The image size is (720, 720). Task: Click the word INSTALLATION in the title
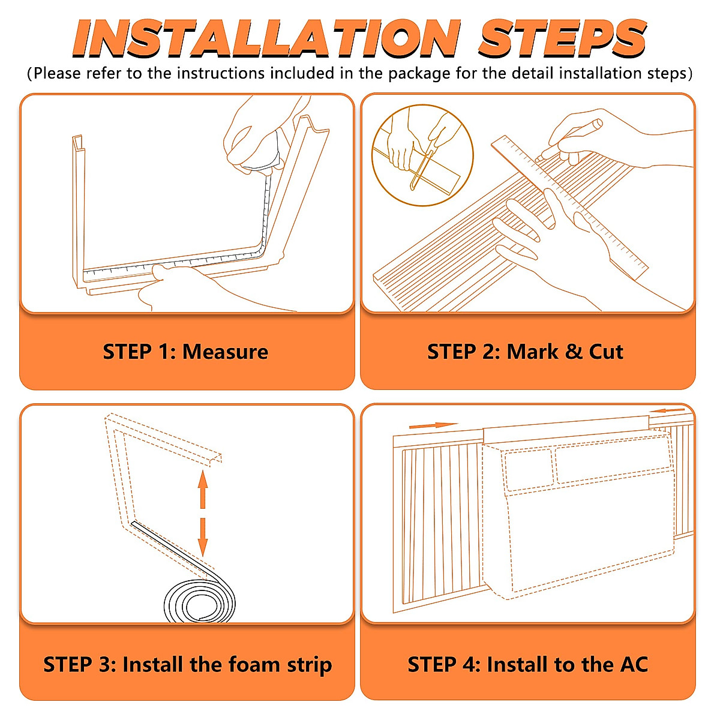[x=266, y=39]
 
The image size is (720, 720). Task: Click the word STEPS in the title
[x=562, y=38]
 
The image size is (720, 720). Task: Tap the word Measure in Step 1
[x=226, y=352]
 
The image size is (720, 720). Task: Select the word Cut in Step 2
[x=606, y=352]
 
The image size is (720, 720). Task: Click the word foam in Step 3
[x=254, y=665]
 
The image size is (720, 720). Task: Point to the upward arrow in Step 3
[x=203, y=489]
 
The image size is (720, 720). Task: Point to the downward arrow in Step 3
[x=203, y=537]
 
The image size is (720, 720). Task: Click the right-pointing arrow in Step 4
[x=433, y=425]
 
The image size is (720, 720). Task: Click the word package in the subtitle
[x=419, y=74]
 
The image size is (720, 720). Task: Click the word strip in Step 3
[x=309, y=665]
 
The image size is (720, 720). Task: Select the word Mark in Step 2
[x=532, y=352]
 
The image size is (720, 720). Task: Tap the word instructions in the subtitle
[x=221, y=73]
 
